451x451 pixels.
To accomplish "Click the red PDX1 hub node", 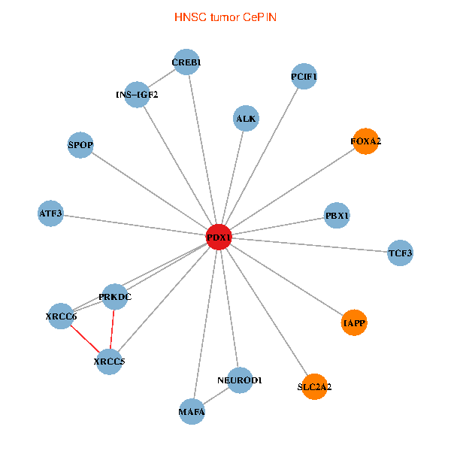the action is (x=219, y=238).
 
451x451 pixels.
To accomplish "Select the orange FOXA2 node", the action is (x=365, y=141).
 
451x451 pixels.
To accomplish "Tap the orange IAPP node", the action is (x=354, y=323).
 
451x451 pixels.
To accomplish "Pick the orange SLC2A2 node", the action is (x=314, y=387).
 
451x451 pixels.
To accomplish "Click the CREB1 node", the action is (x=186, y=62).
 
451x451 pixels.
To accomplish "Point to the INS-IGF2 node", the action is (x=137, y=95).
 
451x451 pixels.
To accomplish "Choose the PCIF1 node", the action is (x=304, y=77).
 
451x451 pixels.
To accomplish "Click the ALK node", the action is (x=246, y=119).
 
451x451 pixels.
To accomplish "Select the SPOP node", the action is (x=80, y=145).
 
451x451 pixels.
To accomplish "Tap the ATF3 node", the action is (x=50, y=214).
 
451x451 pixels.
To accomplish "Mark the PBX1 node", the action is (x=337, y=216).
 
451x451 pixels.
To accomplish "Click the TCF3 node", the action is (x=400, y=253).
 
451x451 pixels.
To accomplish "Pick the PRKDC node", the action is (x=115, y=297).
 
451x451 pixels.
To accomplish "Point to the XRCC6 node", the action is (x=61, y=316).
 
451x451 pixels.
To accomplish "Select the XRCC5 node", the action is (x=109, y=362).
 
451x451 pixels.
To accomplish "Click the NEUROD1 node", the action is (x=239, y=380).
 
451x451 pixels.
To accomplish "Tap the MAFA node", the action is (x=192, y=412).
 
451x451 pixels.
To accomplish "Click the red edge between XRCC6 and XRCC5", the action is (x=85, y=339).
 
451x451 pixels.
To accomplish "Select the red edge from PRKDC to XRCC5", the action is (x=112, y=329).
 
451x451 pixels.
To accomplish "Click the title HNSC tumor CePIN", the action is (x=225, y=17).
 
